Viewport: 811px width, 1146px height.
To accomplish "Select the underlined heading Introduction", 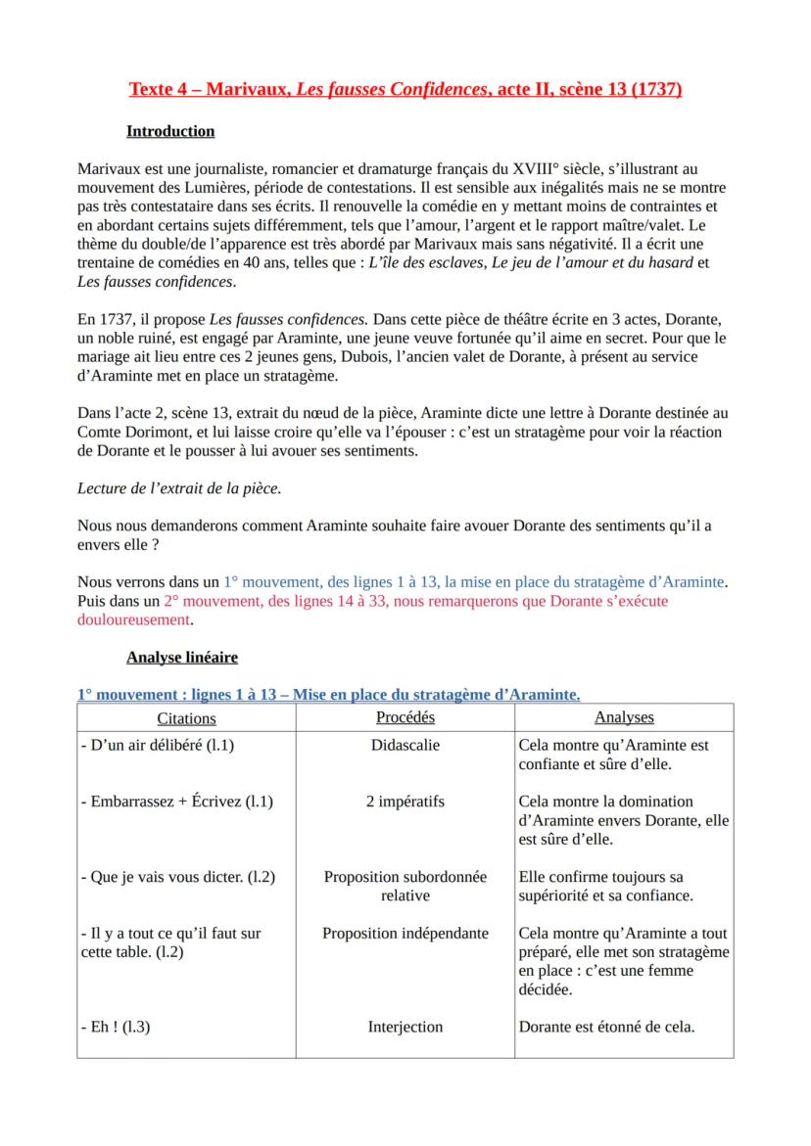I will point(170,131).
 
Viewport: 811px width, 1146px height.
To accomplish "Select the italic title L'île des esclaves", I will point(425,262).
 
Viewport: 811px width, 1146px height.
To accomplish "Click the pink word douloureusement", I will point(133,619).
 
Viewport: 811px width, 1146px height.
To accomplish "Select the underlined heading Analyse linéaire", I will point(182,657).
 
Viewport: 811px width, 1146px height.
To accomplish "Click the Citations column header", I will point(186,718).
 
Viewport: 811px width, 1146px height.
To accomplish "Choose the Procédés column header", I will point(405,717).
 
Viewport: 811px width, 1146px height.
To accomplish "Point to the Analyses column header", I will point(624,718).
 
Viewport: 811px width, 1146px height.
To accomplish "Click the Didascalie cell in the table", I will point(405,746).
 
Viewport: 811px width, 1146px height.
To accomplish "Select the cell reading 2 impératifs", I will point(405,802).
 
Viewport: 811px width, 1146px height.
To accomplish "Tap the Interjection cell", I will point(405,1027).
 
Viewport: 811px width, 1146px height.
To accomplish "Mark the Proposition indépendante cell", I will point(405,934).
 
